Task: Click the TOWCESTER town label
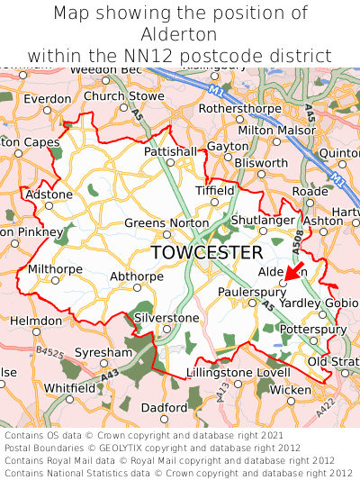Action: pyautogui.click(x=207, y=252)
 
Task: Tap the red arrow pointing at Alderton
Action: pyautogui.click(x=292, y=274)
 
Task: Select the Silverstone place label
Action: pyautogui.click(x=166, y=318)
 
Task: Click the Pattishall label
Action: pyautogui.click(x=169, y=152)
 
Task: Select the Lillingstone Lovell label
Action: pyautogui.click(x=238, y=372)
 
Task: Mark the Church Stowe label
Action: pyautogui.click(x=124, y=95)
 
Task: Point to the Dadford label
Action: pyautogui.click(x=165, y=407)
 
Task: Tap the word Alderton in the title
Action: pyautogui.click(x=180, y=35)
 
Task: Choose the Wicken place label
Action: pyautogui.click(x=291, y=389)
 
